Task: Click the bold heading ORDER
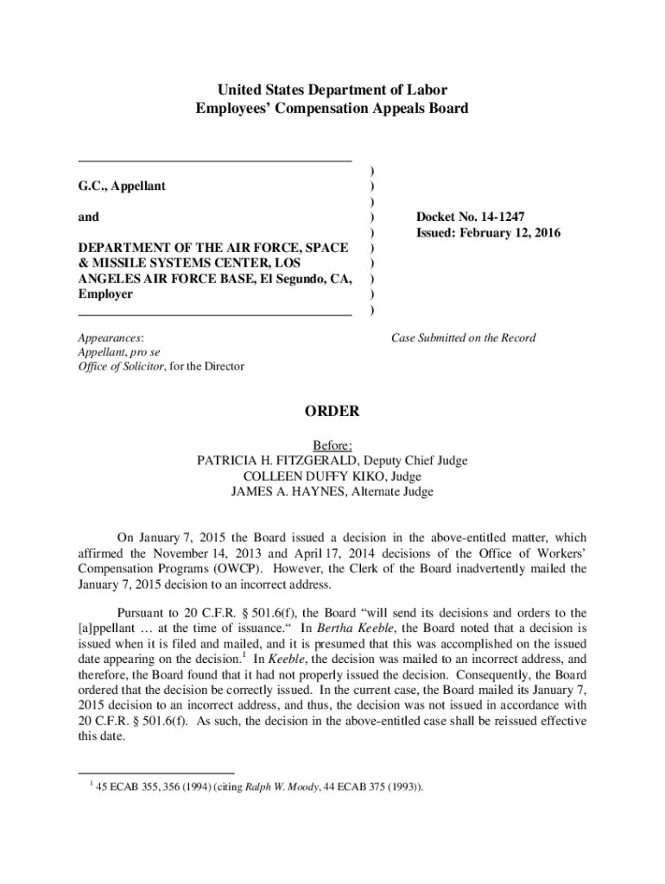pyautogui.click(x=332, y=412)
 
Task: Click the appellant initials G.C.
pyautogui.click(x=92, y=186)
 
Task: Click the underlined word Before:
pyautogui.click(x=332, y=445)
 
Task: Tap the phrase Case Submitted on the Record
pyautogui.click(x=463, y=338)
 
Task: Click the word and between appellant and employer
pyautogui.click(x=88, y=217)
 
